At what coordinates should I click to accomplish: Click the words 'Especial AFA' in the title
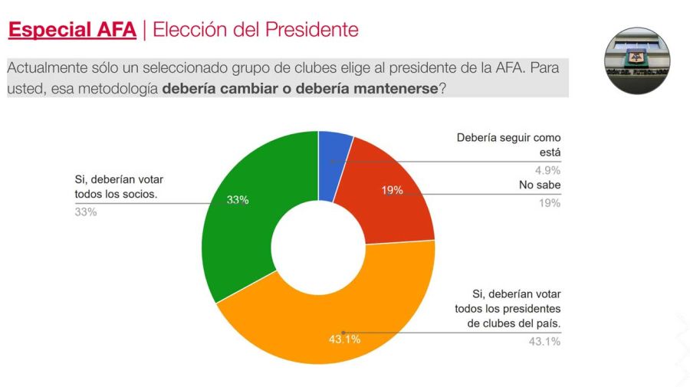(x=72, y=30)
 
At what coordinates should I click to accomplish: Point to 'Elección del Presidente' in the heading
(x=256, y=30)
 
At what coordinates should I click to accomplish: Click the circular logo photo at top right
(x=639, y=60)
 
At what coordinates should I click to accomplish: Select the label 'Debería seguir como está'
(x=508, y=145)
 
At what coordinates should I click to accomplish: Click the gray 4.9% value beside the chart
(x=547, y=170)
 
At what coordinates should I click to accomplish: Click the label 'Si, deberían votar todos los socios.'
(x=118, y=186)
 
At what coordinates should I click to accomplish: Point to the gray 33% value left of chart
(x=85, y=212)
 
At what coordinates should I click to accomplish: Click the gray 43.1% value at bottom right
(x=544, y=341)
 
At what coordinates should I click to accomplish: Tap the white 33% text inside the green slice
(x=238, y=200)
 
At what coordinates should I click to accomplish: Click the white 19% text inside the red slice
(x=392, y=190)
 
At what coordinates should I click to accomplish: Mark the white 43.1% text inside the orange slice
(x=344, y=338)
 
